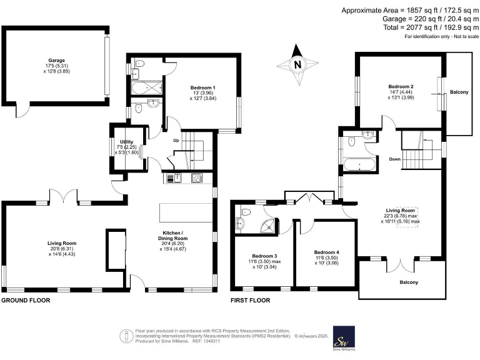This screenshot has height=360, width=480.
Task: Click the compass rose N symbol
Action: pyautogui.click(x=298, y=63)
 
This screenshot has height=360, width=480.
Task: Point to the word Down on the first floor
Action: pyautogui.click(x=394, y=159)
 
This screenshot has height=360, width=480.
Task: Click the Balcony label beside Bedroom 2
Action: pyautogui.click(x=459, y=92)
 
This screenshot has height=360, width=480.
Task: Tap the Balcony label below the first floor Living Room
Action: pyautogui.click(x=409, y=282)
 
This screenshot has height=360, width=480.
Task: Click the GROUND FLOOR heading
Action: pyautogui.click(x=26, y=301)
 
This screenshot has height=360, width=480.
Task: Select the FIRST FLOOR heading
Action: pyautogui.click(x=250, y=301)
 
